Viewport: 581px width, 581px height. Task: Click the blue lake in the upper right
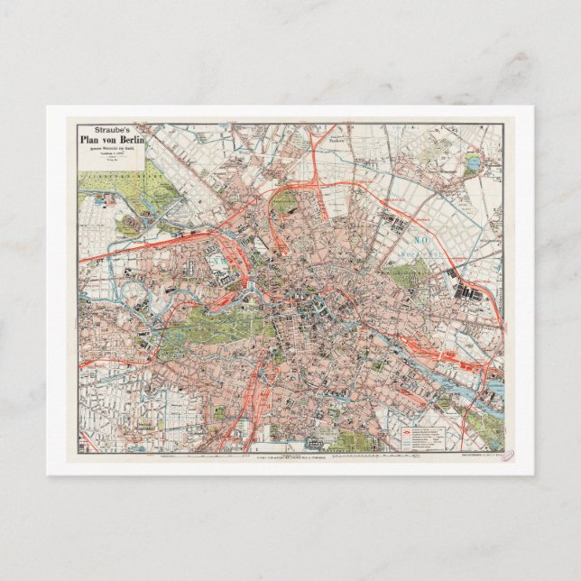(x=472, y=163)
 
